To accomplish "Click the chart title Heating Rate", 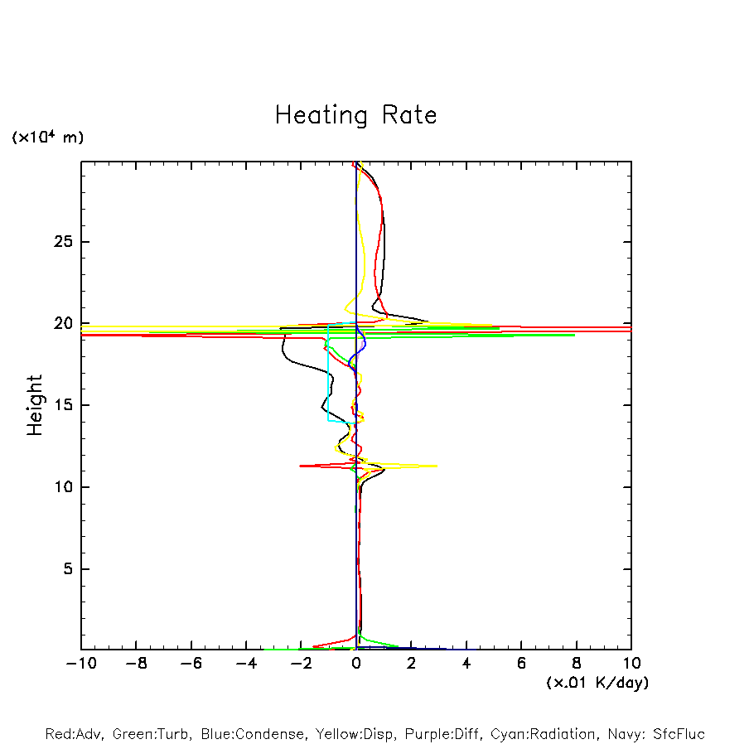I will (x=355, y=115).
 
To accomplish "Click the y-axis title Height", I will (x=34, y=405).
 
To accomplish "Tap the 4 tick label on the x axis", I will (x=466, y=664).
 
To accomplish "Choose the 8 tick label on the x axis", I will (x=577, y=664).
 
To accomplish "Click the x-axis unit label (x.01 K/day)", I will (x=597, y=683).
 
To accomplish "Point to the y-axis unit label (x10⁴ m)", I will (x=47, y=138).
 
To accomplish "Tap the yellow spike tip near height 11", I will (x=436, y=466).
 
